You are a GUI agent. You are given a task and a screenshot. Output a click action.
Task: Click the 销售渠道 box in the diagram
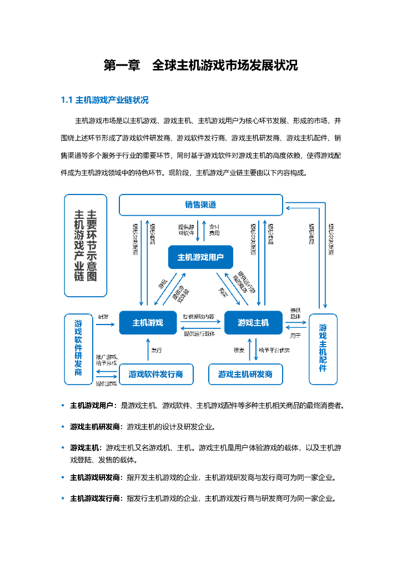click(201, 205)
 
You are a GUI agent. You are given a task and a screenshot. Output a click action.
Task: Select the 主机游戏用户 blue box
click(200, 257)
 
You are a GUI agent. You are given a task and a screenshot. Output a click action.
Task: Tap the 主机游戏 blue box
click(148, 323)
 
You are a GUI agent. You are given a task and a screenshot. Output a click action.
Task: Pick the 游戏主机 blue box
click(253, 323)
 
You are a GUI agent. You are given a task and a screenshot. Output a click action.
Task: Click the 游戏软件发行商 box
click(156, 375)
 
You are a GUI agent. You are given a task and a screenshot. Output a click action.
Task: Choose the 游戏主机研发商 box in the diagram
click(245, 375)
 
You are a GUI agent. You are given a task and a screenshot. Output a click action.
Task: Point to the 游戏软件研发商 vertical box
click(78, 347)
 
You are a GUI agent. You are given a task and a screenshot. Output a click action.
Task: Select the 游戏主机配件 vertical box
click(323, 348)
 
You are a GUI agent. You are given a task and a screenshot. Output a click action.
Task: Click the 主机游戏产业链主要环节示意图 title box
click(86, 245)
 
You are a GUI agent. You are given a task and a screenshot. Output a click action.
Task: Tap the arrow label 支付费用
click(214, 230)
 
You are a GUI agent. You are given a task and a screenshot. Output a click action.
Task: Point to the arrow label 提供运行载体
click(199, 333)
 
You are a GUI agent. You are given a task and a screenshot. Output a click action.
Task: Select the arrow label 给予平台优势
click(274, 351)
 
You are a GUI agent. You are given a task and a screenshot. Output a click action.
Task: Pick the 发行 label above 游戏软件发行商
click(157, 351)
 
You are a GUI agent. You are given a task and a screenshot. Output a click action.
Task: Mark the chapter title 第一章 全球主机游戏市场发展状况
click(201, 66)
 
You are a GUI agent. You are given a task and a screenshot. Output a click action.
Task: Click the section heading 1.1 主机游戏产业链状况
click(104, 101)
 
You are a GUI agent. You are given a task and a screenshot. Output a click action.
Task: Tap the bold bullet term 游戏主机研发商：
click(97, 427)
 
